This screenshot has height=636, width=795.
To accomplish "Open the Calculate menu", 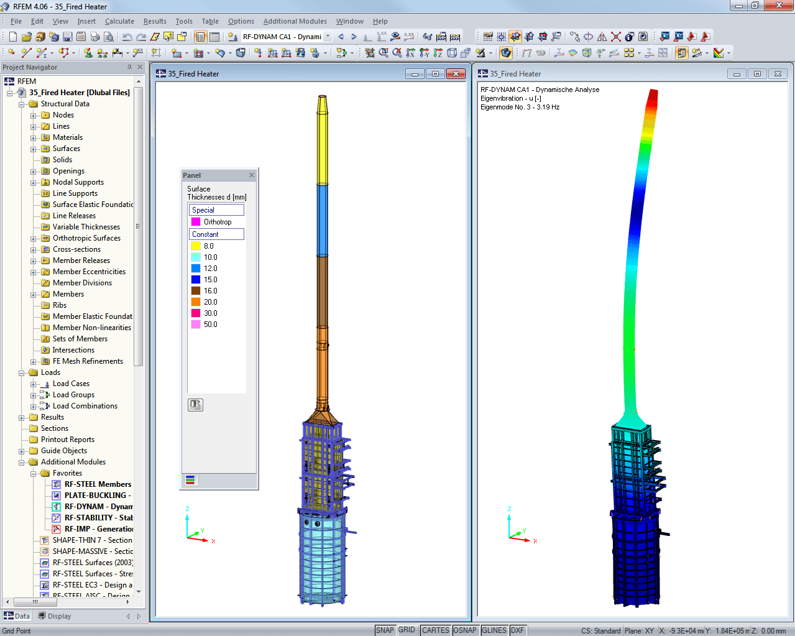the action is [119, 21].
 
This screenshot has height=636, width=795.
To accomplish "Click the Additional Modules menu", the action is [295, 21].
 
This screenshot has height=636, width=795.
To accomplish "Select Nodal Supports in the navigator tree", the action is [78, 182].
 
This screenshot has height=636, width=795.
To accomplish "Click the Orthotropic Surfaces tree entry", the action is [86, 238].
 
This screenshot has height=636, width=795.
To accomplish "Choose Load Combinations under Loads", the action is [85, 406].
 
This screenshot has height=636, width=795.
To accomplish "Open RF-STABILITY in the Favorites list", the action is [99, 518].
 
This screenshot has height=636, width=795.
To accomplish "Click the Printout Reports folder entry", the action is [68, 440].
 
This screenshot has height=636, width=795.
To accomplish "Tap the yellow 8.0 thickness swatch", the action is [195, 246].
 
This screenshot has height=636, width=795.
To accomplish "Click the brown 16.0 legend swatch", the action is [195, 291].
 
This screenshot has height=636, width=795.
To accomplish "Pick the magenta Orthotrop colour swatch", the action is [195, 222].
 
